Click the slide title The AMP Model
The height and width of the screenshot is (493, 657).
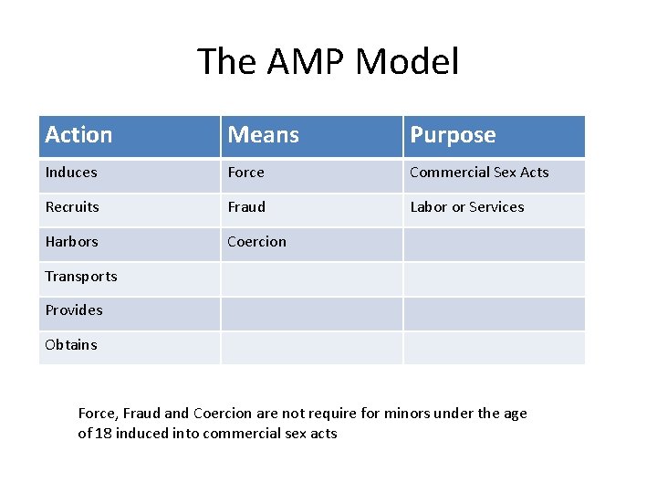pyautogui.click(x=328, y=62)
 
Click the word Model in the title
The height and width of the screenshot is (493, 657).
pyautogui.click(x=407, y=62)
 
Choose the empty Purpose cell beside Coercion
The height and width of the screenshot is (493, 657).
pyautogui.click(x=494, y=243)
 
